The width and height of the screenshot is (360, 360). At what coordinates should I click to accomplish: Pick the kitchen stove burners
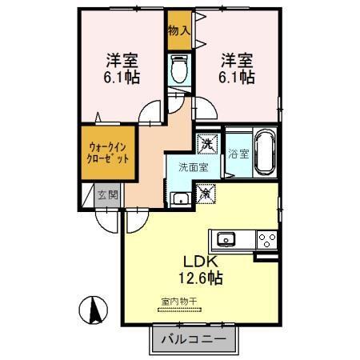266,238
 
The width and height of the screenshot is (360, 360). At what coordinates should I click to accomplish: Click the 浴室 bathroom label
237,153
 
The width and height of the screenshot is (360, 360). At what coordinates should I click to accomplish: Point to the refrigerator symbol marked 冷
206,193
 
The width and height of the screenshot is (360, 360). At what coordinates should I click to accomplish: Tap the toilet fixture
179,70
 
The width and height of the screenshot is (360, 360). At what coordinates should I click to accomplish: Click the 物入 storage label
179,31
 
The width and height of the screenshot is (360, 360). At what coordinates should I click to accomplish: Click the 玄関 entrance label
107,194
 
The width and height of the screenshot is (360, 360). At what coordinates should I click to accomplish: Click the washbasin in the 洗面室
181,199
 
